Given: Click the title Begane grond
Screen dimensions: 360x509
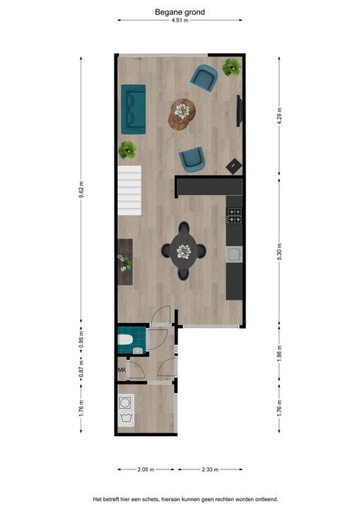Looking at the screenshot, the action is click(180, 12).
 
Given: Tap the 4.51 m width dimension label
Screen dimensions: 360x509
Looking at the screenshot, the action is click(180, 21).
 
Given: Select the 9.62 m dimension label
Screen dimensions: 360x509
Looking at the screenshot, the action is click(81, 189).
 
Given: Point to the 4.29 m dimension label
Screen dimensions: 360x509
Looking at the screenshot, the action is click(279, 114).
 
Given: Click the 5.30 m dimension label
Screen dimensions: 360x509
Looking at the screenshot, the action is click(279, 251).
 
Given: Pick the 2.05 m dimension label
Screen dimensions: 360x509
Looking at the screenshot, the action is click(146, 469).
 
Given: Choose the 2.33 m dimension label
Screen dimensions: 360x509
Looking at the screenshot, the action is click(210, 469).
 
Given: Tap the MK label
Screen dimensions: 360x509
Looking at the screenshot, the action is click(122, 370).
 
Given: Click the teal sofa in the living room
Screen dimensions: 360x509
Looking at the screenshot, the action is click(133, 110).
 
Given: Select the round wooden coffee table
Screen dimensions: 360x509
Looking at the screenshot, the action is click(182, 114).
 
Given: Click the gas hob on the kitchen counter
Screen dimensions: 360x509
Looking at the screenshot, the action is click(234, 216).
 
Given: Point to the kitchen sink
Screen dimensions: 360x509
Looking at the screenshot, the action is click(234, 255).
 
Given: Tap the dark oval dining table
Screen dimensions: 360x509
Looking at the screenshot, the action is click(184, 251).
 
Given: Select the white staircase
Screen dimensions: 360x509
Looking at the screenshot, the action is click(129, 191).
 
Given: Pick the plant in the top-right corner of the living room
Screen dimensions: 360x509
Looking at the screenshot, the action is click(232, 67).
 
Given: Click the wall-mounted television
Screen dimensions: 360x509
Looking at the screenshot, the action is click(240, 111).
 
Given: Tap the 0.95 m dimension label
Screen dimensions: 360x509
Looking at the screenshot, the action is click(81, 340).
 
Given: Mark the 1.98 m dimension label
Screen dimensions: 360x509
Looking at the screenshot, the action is click(279, 353).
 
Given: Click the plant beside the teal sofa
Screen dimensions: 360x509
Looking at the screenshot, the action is click(127, 150).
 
